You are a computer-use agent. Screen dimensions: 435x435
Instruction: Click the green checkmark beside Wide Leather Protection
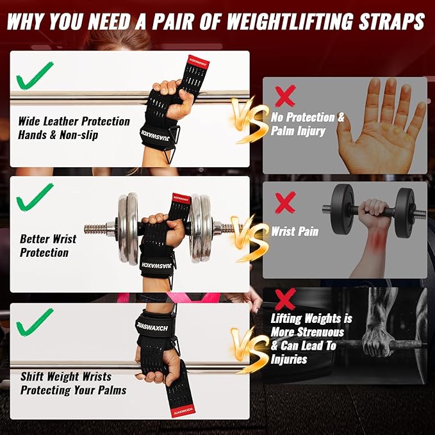coord(35,78)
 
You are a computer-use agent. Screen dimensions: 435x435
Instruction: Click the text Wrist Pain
coord(295,231)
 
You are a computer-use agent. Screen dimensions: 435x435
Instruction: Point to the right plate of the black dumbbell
coord(404,212)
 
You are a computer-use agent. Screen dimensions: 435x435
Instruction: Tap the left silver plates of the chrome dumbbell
coord(131,229)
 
